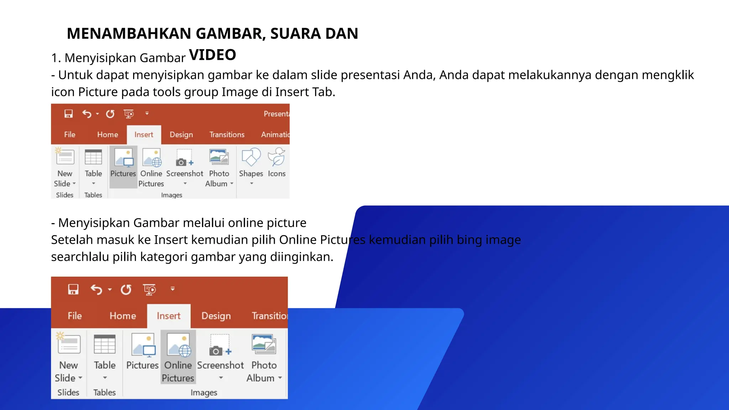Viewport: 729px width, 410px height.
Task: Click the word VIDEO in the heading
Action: click(213, 55)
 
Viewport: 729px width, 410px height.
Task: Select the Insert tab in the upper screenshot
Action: click(144, 135)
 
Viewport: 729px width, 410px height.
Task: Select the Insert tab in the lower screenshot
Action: click(168, 316)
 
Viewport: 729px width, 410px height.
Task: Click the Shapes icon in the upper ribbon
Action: click(251, 158)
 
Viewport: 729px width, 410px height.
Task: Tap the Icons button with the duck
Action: click(277, 158)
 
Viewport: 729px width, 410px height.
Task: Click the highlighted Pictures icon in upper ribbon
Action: click(123, 158)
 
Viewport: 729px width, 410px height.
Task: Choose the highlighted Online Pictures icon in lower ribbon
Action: click(178, 345)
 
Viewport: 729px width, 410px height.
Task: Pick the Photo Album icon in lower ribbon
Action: click(264, 344)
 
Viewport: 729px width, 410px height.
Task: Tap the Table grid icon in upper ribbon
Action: click(93, 157)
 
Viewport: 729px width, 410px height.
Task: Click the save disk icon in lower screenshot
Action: click(73, 289)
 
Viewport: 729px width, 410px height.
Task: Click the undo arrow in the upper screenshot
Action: click(86, 114)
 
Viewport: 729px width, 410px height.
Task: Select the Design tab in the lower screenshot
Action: click(216, 316)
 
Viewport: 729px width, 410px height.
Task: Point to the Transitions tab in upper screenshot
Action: click(227, 135)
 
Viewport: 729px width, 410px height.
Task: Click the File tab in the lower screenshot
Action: click(75, 316)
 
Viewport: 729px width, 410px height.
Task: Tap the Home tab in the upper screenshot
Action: click(107, 135)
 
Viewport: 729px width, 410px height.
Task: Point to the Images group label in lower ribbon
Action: click(204, 393)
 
